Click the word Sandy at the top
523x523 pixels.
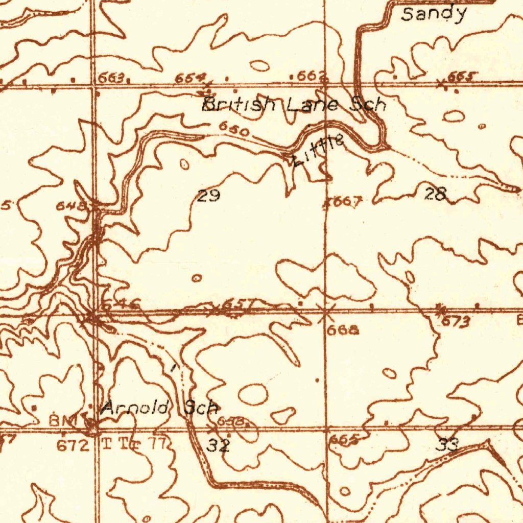pos(434,14)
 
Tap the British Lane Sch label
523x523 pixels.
pos(294,105)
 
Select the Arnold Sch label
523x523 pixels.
pos(160,408)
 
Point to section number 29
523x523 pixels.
pos(208,195)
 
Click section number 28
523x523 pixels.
pos(436,194)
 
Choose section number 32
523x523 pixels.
pos(218,445)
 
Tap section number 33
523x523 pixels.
pos(447,445)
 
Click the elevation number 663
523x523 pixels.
pos(111,78)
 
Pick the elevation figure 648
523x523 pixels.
pos(68,206)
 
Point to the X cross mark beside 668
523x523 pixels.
pos(323,310)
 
